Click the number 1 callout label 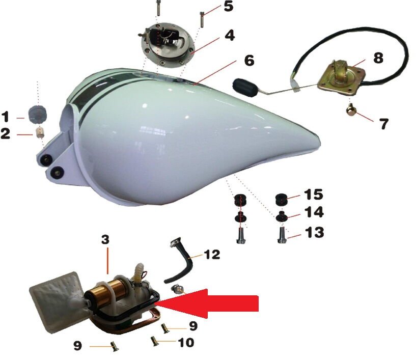click(x=5, y=117)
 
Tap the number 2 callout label click(x=6, y=133)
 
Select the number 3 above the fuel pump click(x=105, y=239)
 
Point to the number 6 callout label click(x=249, y=60)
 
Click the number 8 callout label click(x=378, y=58)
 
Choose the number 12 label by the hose click(x=212, y=255)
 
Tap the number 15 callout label click(x=313, y=195)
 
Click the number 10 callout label click(x=186, y=342)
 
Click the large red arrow click(x=207, y=303)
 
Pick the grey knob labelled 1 click(x=38, y=115)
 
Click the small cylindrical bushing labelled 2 click(x=40, y=133)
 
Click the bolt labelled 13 click(x=282, y=235)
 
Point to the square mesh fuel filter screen click(x=57, y=302)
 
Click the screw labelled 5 click(x=202, y=19)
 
